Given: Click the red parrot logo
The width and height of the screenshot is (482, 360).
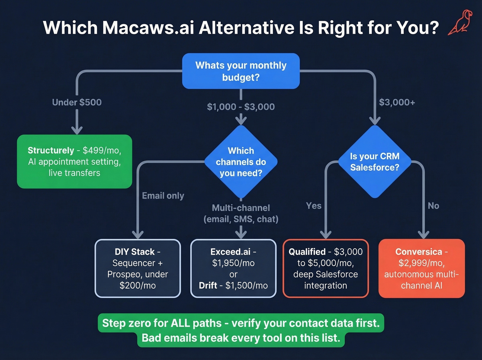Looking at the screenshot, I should coord(458,23).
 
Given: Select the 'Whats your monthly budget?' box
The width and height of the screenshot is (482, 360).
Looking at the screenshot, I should coord(241,71).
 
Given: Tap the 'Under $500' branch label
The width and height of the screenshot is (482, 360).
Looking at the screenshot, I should coord(77,102).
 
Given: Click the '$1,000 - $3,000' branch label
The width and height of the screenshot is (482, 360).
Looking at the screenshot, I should coord(241,107).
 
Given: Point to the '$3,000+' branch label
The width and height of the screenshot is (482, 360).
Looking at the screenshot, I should coord(397,102).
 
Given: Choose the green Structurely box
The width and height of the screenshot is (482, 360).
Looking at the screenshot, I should coord(74,162).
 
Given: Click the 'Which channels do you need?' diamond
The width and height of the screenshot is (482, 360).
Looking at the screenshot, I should coord(241,162).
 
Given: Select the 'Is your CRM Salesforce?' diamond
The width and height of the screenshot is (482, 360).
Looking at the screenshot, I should coord(375,162).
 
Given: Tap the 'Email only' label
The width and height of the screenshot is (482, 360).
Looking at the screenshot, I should coord(163,196).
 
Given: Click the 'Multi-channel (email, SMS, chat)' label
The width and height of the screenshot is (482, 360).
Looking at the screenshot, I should coord(241,214).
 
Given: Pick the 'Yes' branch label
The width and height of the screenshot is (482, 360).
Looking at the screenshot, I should coord(314,206).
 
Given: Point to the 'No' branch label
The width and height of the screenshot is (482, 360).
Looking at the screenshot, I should coord(433,206).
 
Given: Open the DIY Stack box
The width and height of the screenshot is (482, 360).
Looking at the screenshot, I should coord(138,268).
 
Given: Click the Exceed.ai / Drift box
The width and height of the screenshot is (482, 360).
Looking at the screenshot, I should coord(233,268).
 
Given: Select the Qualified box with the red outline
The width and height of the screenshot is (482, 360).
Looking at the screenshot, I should coord(326,268).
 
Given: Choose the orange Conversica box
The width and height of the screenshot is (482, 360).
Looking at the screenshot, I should coord(421,268).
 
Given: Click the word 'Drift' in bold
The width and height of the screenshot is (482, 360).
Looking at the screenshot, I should coord(208,286).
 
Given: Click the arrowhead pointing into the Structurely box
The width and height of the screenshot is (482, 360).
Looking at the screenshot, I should coord(77,130).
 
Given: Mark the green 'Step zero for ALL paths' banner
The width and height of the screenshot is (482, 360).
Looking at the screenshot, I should coord(241,330).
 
